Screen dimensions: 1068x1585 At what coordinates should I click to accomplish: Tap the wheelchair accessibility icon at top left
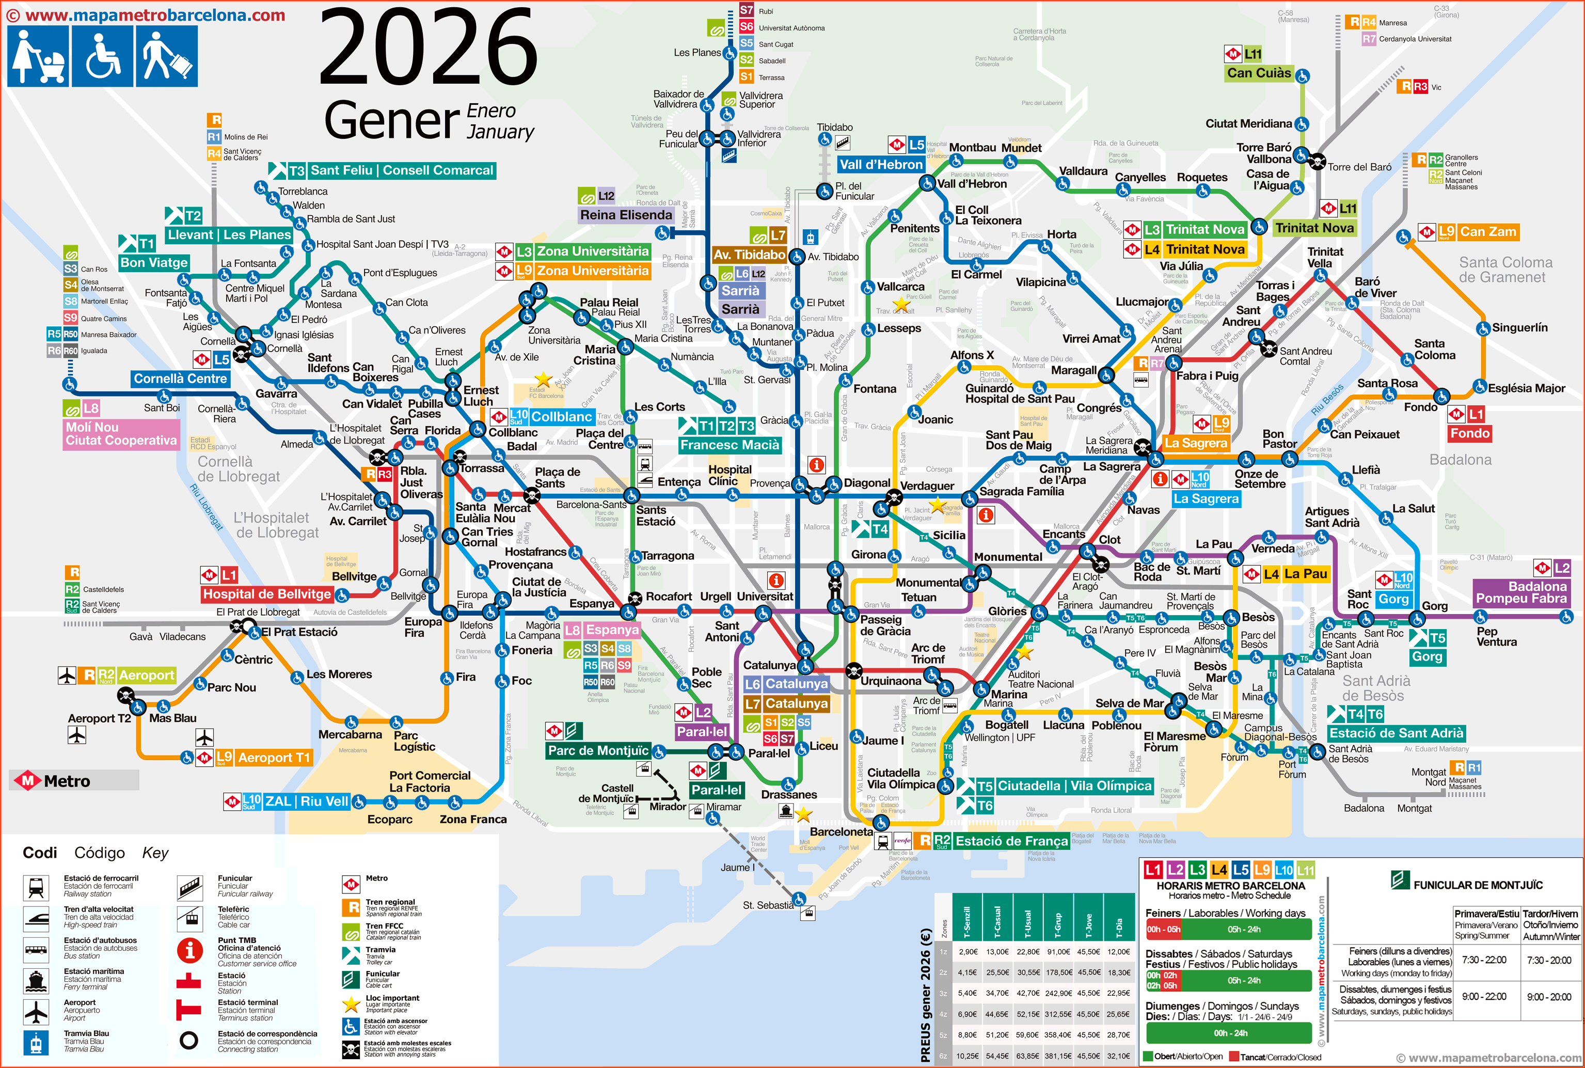[103, 56]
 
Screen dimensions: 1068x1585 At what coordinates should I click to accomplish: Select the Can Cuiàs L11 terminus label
[1258, 73]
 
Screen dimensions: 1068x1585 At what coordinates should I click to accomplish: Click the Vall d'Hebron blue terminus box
[880, 164]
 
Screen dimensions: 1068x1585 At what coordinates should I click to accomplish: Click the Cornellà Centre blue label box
[180, 379]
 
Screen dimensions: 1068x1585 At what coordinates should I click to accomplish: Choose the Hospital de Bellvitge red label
[267, 594]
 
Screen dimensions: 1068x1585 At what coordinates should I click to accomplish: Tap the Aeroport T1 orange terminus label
[274, 758]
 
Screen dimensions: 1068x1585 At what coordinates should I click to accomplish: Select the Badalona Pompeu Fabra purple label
[1520, 592]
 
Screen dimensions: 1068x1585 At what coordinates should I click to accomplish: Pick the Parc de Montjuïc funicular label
[598, 750]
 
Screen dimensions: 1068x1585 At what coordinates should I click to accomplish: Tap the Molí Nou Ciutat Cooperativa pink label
[121, 434]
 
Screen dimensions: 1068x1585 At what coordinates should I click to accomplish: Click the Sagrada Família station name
[1021, 491]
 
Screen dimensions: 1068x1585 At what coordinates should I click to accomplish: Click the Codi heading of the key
[39, 853]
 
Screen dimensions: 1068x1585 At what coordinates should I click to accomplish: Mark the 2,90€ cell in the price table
[968, 951]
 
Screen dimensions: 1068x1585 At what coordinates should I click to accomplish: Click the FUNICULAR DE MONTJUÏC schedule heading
[1478, 885]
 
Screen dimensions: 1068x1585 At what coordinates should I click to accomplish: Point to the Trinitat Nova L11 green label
[1314, 228]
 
